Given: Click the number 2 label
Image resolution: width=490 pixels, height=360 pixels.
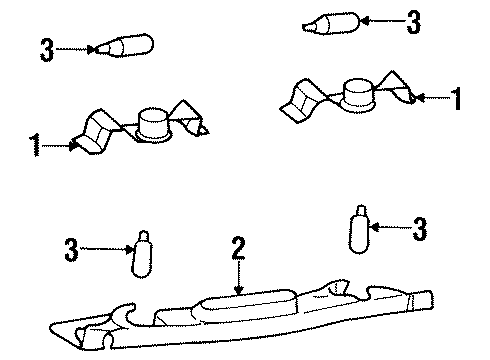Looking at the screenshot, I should [238, 248].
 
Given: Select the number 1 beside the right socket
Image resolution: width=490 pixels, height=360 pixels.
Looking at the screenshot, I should [458, 99].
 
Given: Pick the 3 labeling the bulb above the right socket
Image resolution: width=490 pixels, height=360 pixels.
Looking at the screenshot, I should [413, 21].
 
